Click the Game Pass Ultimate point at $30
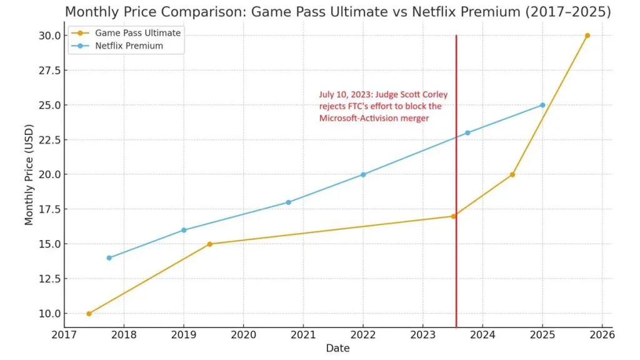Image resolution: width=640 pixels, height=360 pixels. click(x=587, y=36)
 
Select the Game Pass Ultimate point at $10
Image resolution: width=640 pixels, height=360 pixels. click(x=89, y=314)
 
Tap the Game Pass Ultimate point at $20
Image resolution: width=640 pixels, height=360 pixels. click(x=512, y=174)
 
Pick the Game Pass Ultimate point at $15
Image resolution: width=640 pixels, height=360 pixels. click(x=209, y=244)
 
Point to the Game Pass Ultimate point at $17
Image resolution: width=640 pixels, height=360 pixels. click(x=454, y=216)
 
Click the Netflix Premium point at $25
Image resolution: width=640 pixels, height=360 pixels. click(x=542, y=105)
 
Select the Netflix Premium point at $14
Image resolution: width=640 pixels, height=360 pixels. click(x=109, y=258)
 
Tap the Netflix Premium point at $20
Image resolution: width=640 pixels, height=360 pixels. click(x=363, y=174)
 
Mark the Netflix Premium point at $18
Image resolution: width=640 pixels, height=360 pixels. click(x=288, y=202)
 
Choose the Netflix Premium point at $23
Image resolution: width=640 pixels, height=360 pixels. click(x=467, y=132)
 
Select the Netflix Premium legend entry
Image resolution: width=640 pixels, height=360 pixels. click(x=129, y=46)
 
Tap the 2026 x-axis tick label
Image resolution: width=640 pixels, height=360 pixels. click(x=602, y=335)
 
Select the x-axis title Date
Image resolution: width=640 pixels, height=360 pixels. click(x=337, y=348)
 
